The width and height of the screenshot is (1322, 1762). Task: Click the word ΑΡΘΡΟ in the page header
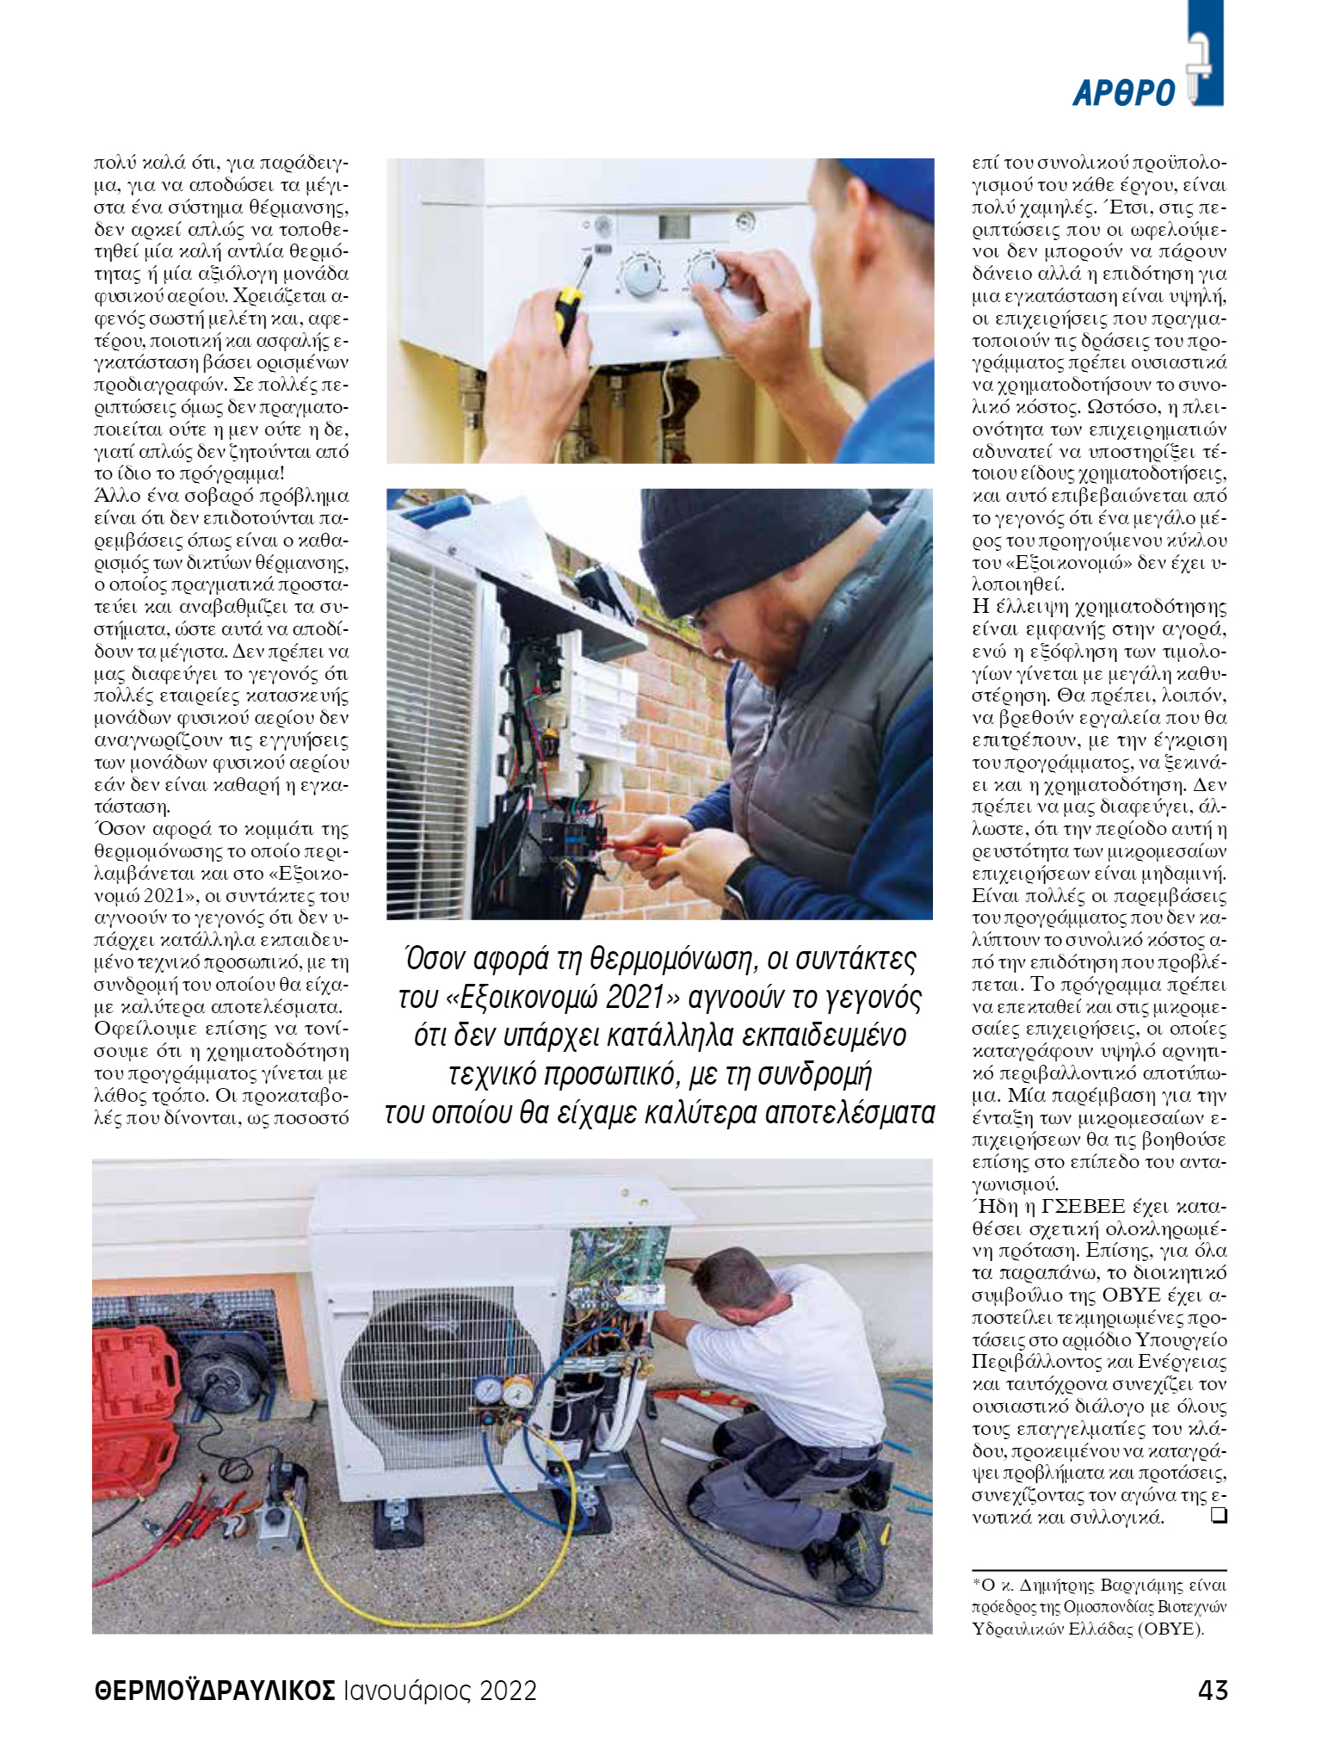click(x=1124, y=93)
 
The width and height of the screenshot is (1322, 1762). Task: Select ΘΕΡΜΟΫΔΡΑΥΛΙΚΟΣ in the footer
click(x=214, y=1691)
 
